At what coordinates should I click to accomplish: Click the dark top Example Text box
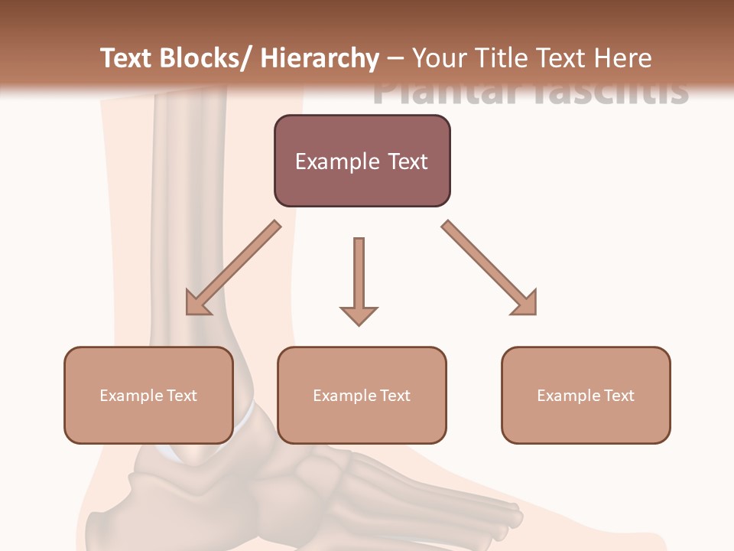(x=362, y=161)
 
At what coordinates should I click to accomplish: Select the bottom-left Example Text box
(x=148, y=395)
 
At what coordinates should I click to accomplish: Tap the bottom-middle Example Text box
(x=362, y=395)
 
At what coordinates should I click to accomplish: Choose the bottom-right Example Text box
(x=586, y=395)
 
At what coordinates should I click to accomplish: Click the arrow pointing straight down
(x=359, y=280)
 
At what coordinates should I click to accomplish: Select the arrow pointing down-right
(x=489, y=268)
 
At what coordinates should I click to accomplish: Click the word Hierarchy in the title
(x=320, y=58)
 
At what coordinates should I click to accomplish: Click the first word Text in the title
(x=127, y=58)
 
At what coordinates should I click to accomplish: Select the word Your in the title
(x=439, y=58)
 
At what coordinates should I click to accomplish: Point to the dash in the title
(x=395, y=58)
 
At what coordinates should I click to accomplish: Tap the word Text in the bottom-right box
(x=619, y=395)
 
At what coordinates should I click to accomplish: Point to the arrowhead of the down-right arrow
(x=526, y=304)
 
